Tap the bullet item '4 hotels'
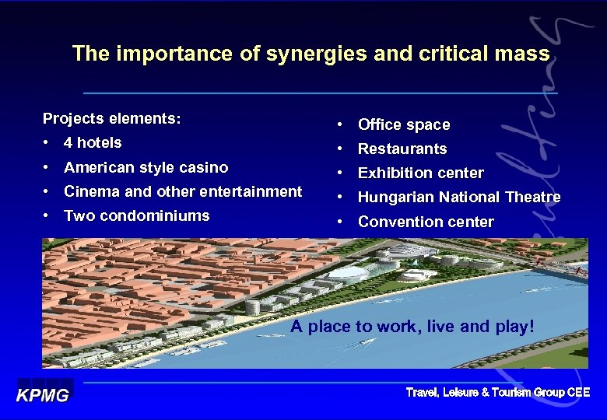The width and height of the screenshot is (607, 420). tap(93, 142)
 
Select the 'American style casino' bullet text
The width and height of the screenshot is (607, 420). tap(146, 167)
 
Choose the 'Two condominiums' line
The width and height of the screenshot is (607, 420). tap(136, 215)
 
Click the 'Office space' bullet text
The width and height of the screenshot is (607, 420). tap(403, 124)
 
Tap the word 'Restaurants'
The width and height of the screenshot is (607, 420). tap(402, 149)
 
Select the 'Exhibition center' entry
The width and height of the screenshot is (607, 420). tap(420, 173)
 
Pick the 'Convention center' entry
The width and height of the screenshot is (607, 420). tap(425, 222)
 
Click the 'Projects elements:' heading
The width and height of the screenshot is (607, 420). tap(111, 118)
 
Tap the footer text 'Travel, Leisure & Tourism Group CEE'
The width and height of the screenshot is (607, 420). tap(498, 393)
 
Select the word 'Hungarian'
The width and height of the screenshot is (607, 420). tap(395, 197)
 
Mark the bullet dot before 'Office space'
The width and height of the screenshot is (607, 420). tap(340, 124)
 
